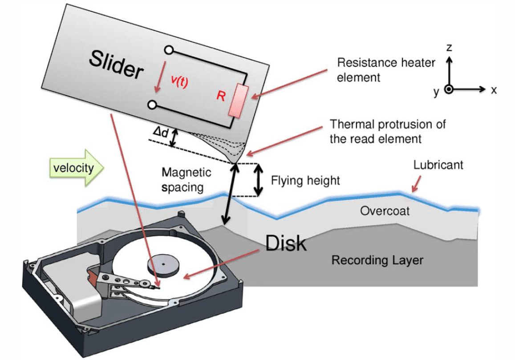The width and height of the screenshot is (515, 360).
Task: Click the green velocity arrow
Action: coord(76,168)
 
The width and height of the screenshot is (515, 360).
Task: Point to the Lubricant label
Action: coord(438,165)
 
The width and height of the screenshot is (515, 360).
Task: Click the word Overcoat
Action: coord(385,210)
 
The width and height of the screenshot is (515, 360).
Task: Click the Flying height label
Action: coord(305,180)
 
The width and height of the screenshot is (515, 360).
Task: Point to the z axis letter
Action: coord(450,48)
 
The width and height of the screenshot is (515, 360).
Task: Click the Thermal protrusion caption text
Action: coord(387,131)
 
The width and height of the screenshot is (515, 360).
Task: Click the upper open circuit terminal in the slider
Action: coord(169,49)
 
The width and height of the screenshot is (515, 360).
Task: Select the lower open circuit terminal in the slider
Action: coord(153,105)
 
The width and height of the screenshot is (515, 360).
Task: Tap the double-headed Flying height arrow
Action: coord(257,180)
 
